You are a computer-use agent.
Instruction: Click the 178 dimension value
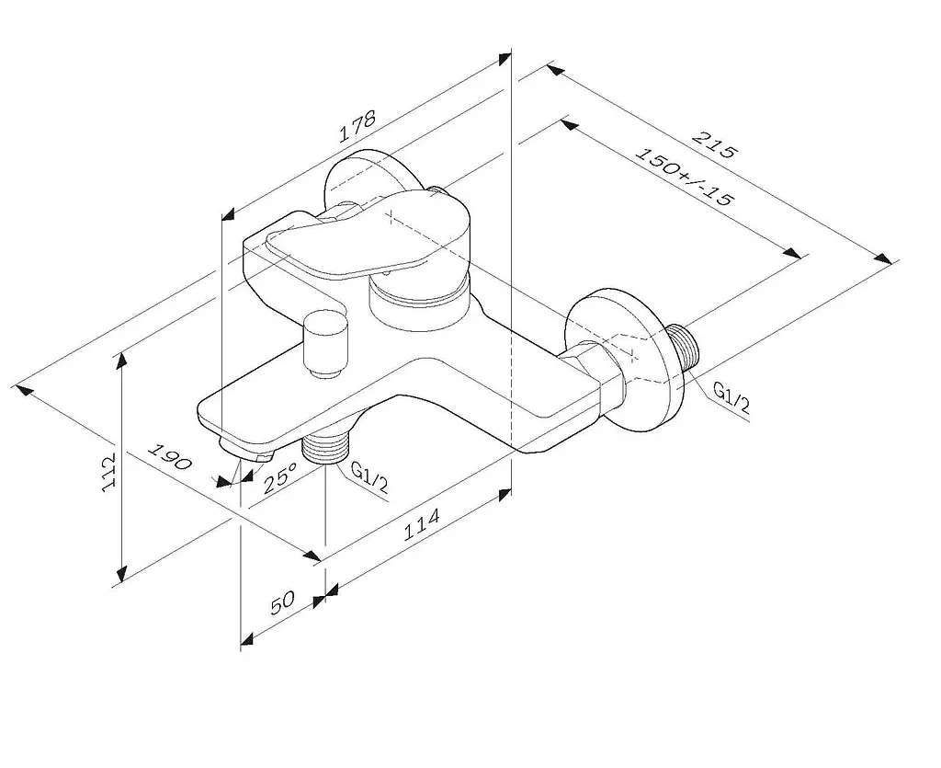(357, 125)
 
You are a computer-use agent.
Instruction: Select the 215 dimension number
(713, 144)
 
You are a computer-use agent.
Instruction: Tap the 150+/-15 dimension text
(684, 177)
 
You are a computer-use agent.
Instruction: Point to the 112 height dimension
(108, 474)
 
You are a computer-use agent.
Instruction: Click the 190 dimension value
(170, 457)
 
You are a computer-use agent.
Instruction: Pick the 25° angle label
(279, 477)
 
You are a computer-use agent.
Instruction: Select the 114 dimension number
(421, 524)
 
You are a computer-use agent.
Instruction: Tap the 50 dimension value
(283, 602)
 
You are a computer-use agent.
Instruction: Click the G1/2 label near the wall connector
(731, 397)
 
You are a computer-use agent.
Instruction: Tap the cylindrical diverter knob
(326, 344)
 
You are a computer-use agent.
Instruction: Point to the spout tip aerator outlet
(246, 452)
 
